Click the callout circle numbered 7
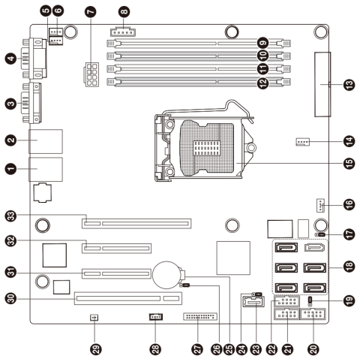[91, 11]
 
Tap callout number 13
[349, 85]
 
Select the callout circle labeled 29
[96, 349]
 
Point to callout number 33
[11, 216]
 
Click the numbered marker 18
[349, 266]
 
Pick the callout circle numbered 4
[11, 59]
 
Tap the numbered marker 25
[229, 349]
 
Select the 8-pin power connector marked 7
[91, 74]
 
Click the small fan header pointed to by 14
[303, 142]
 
